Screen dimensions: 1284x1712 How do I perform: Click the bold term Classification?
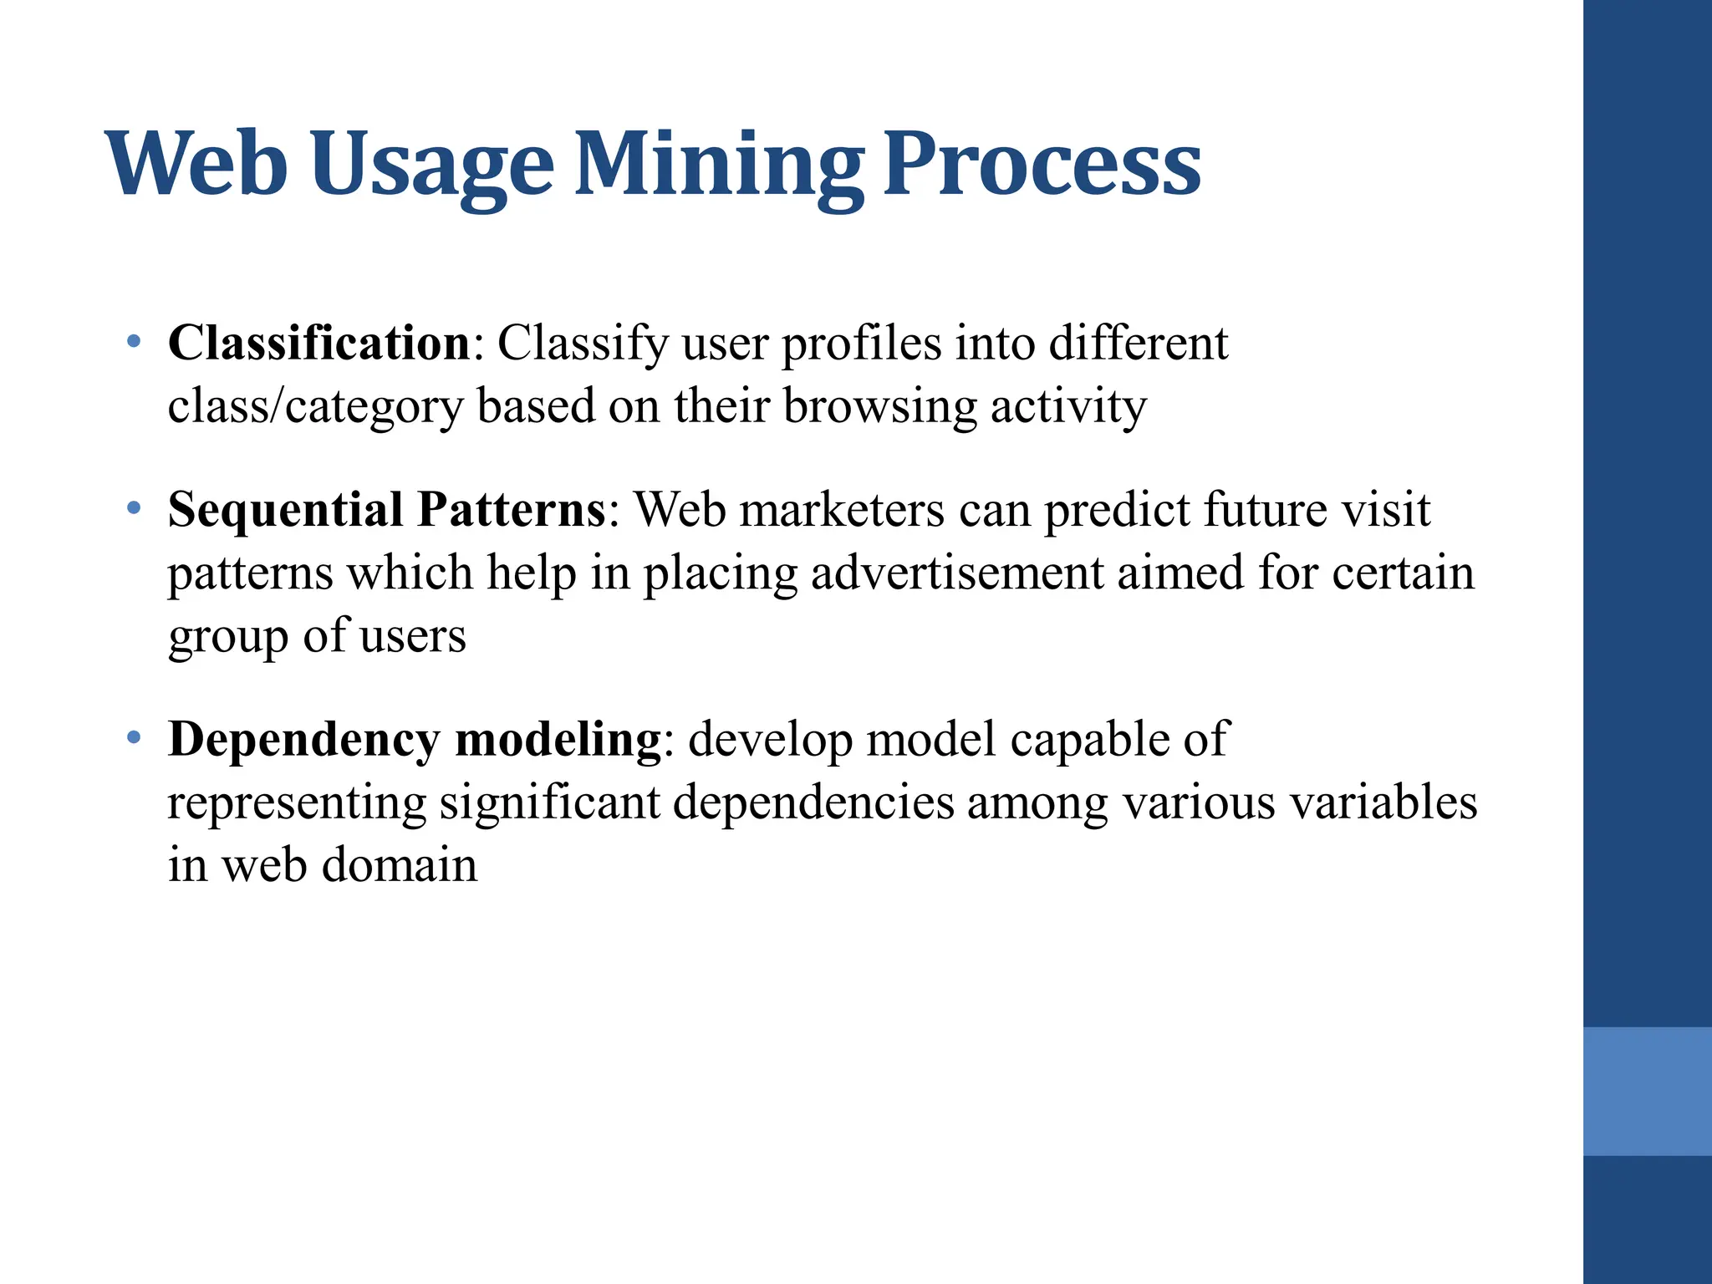coord(319,343)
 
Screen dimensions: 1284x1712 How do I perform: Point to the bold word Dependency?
coord(303,740)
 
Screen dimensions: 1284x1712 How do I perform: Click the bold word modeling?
coord(558,740)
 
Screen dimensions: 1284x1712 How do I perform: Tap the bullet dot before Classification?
coord(133,341)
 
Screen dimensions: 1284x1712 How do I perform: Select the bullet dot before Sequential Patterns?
coord(133,507)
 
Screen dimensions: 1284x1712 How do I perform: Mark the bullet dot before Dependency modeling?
coord(133,737)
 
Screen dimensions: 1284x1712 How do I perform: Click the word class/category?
coord(314,407)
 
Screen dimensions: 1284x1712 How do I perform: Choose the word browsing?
coord(879,407)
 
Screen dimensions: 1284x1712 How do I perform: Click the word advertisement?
coord(957,573)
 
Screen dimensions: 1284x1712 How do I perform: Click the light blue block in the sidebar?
coord(1647,1091)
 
